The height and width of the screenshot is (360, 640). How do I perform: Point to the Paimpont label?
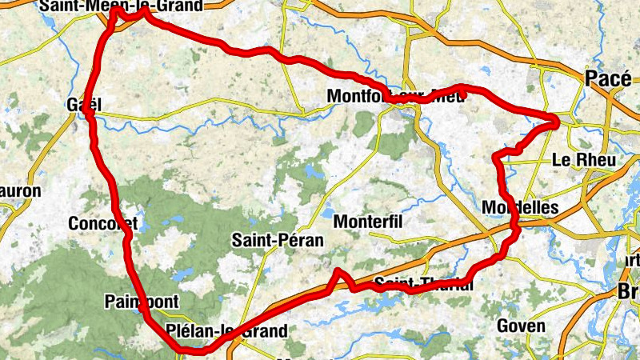click(x=137, y=301)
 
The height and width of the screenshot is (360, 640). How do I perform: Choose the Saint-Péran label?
click(x=277, y=239)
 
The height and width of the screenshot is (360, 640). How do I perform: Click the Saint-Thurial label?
click(x=423, y=285)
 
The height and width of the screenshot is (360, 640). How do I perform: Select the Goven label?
click(x=521, y=326)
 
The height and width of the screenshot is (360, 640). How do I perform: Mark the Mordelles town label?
click(x=520, y=207)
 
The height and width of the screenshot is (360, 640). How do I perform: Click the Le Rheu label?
click(x=584, y=160)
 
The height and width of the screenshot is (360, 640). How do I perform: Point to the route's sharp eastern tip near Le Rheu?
click(x=555, y=122)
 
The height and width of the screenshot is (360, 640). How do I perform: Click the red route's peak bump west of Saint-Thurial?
click(x=339, y=272)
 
